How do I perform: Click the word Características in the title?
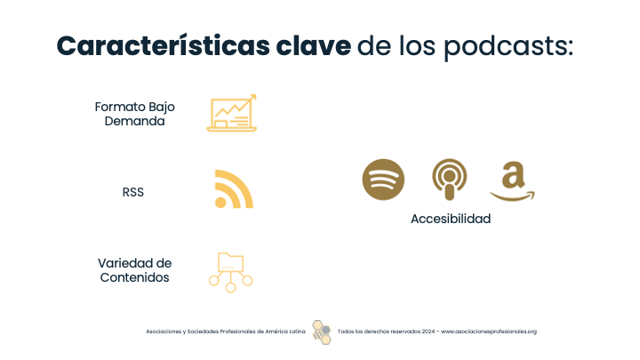click(164, 45)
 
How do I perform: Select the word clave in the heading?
click(314, 45)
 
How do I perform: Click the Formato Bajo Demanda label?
click(135, 114)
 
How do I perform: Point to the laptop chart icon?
click(231, 113)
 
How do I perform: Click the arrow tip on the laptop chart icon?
click(255, 95)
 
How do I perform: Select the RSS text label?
click(133, 192)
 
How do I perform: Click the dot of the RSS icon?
click(220, 203)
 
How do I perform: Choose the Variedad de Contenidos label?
click(135, 270)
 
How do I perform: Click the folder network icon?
click(230, 273)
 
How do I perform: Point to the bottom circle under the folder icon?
click(230, 288)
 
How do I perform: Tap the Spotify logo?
click(383, 180)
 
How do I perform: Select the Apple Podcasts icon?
click(450, 180)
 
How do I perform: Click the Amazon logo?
click(513, 181)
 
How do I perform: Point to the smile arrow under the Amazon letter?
click(513, 197)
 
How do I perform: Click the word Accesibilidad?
click(451, 219)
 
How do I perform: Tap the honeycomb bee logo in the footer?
click(322, 332)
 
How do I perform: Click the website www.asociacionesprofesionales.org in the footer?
click(489, 332)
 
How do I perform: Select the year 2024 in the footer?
click(428, 332)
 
